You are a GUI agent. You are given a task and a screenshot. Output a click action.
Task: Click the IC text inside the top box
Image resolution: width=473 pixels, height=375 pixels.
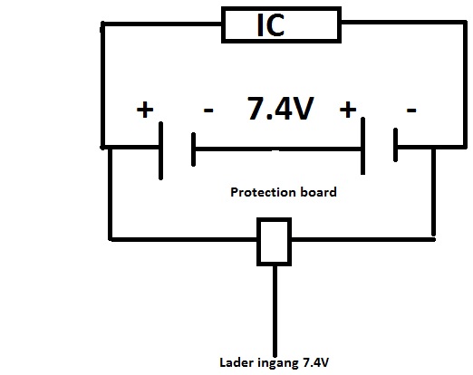click(x=271, y=25)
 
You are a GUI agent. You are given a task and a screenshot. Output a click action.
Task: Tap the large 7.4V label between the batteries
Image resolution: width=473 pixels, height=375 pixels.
click(x=281, y=109)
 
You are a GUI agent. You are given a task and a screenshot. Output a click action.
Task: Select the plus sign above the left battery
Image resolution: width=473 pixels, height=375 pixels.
click(x=145, y=110)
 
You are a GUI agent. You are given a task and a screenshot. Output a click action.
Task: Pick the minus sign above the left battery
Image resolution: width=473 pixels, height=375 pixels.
click(x=208, y=111)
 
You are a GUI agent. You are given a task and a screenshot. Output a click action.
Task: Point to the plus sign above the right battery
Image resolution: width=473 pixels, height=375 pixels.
click(x=348, y=110)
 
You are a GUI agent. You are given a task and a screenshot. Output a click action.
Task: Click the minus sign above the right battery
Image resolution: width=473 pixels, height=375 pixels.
click(x=411, y=111)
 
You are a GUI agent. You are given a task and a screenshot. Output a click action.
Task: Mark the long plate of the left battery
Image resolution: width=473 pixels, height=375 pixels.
click(x=160, y=151)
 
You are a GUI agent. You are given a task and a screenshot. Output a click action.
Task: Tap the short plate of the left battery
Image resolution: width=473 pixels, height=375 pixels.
click(x=193, y=149)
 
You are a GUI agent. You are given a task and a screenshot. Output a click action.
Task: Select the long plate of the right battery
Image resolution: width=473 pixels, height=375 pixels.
click(x=362, y=146)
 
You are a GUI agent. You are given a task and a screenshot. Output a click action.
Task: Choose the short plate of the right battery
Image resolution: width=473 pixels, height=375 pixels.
click(x=395, y=145)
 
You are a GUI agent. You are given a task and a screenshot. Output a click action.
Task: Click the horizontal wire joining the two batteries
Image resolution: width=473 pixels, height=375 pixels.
click(x=278, y=149)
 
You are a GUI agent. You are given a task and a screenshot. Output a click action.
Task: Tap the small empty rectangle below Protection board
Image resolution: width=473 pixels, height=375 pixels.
click(x=274, y=242)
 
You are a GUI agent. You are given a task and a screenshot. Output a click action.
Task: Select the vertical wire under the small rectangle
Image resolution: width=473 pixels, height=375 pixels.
click(x=275, y=311)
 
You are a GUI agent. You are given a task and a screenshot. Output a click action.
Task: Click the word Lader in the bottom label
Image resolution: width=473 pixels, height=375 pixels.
click(x=236, y=362)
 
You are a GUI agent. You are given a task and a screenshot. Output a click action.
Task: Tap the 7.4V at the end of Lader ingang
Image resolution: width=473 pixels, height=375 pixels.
click(x=315, y=362)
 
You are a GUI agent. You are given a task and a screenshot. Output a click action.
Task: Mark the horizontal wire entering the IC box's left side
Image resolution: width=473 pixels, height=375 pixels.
click(x=162, y=24)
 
